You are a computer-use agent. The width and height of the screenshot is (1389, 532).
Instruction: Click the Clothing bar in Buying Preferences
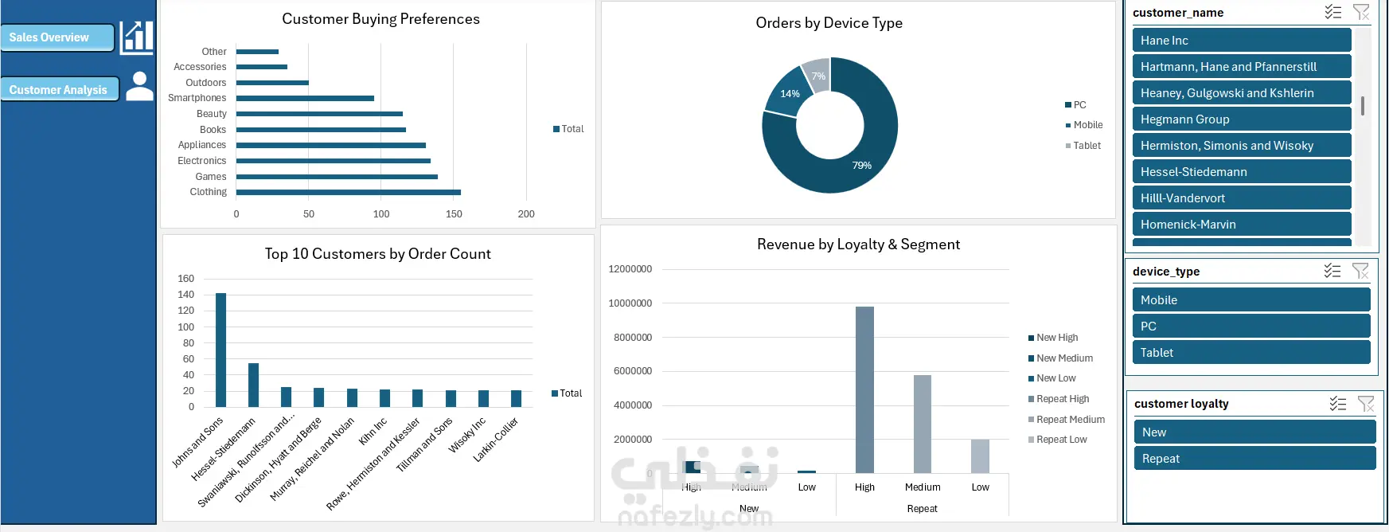pyautogui.click(x=348, y=192)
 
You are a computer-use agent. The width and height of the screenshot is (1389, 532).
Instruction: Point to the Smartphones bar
pyautogui.click(x=305, y=99)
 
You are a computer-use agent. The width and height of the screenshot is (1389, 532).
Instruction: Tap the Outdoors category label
pyautogui.click(x=206, y=83)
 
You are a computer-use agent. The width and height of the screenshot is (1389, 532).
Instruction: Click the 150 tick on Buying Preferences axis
pyautogui.click(x=454, y=214)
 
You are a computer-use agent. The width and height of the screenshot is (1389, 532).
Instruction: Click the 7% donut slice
pyautogui.click(x=817, y=72)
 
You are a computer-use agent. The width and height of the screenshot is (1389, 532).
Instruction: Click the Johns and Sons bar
pyautogui.click(x=220, y=350)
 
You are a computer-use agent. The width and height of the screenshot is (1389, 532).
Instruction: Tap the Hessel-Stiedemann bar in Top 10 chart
pyautogui.click(x=253, y=385)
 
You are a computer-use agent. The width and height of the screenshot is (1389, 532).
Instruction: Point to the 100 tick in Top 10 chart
pyautogui.click(x=186, y=327)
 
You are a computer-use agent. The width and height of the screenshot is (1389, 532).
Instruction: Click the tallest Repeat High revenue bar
pyautogui.click(x=864, y=389)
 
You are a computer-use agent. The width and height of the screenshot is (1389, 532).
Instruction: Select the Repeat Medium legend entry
pyautogui.click(x=1070, y=420)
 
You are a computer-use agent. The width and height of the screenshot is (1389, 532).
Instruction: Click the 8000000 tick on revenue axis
pyautogui.click(x=633, y=338)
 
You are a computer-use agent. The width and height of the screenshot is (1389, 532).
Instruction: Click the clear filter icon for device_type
pyautogui.click(x=1360, y=272)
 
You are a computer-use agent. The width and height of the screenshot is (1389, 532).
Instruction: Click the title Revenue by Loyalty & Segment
pyautogui.click(x=858, y=244)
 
